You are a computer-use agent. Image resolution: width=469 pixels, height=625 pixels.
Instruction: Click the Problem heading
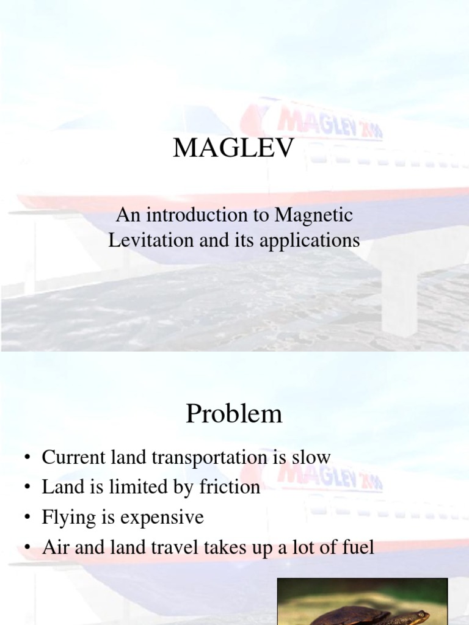[234, 414]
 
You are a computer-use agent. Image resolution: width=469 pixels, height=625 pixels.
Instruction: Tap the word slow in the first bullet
[311, 457]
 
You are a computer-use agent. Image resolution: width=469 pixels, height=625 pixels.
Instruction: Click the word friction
[230, 487]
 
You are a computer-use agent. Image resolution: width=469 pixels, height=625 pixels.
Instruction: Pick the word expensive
[162, 518]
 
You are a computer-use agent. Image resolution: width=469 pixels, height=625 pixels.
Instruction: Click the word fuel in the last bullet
[357, 547]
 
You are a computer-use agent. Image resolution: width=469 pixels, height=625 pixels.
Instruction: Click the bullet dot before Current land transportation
[27, 458]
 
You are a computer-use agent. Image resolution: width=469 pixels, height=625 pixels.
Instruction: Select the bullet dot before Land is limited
[27, 488]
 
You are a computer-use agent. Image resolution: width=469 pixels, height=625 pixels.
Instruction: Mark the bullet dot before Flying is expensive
[27, 518]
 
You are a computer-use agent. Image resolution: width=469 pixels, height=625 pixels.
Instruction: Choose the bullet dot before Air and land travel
[27, 547]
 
